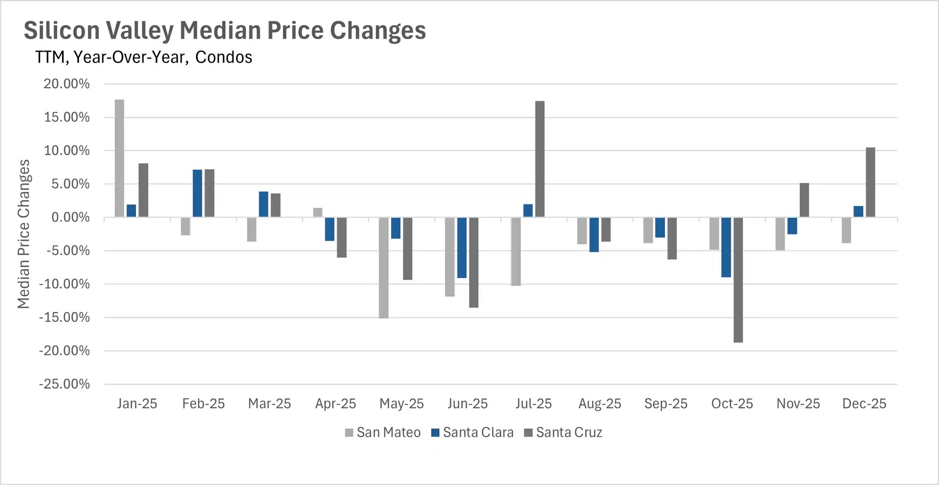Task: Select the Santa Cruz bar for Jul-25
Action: pos(540,159)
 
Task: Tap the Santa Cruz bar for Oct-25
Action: pos(738,280)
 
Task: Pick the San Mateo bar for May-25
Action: pos(384,268)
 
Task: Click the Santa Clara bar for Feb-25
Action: pos(198,193)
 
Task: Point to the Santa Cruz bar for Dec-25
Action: pos(871,182)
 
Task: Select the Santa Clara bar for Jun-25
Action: pos(462,247)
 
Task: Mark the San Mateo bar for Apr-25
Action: pos(318,213)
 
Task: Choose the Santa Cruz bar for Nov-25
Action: pos(805,200)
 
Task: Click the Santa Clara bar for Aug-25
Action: pos(594,235)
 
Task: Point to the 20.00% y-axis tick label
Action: pos(67,84)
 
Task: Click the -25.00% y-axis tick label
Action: pos(65,384)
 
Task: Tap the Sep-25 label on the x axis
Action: pos(666,404)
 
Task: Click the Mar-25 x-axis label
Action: pos(269,404)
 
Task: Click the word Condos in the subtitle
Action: pos(224,58)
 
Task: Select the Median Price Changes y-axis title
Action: pos(23,234)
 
